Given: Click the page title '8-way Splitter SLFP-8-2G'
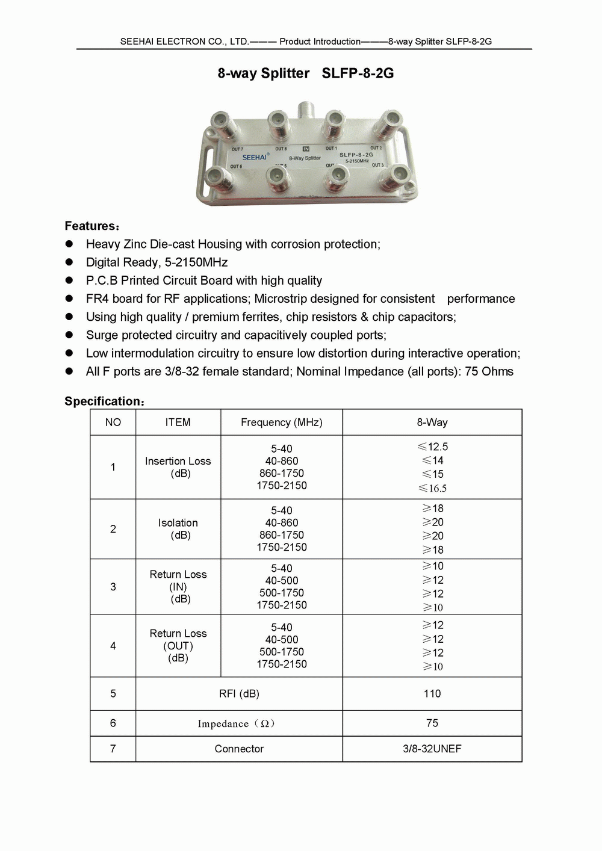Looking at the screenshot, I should click(x=305, y=73).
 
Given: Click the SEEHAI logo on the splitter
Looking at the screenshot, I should click(x=255, y=157).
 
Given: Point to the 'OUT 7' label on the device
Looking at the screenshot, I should click(x=237, y=149).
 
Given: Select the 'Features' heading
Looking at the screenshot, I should click(x=92, y=226).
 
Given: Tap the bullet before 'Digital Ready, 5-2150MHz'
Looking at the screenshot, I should click(x=69, y=262).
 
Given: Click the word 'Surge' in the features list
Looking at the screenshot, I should click(x=102, y=335).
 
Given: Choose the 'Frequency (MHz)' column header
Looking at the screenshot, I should click(x=281, y=422).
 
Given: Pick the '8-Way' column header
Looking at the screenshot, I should click(x=432, y=422).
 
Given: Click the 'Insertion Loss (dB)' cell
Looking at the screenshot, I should click(x=178, y=467).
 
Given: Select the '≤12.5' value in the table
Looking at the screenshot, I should click(x=433, y=447).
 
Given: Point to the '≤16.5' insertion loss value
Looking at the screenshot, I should click(x=433, y=488).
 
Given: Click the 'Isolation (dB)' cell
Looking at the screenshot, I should click(x=178, y=529).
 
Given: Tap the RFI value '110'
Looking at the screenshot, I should click(x=432, y=693).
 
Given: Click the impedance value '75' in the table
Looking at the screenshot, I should click(x=432, y=723).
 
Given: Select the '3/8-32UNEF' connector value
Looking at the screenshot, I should click(x=432, y=749).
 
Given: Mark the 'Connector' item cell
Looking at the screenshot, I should click(x=239, y=749).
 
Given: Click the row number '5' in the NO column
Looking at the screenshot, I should click(x=113, y=693).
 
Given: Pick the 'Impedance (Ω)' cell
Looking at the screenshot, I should click(x=236, y=723).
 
